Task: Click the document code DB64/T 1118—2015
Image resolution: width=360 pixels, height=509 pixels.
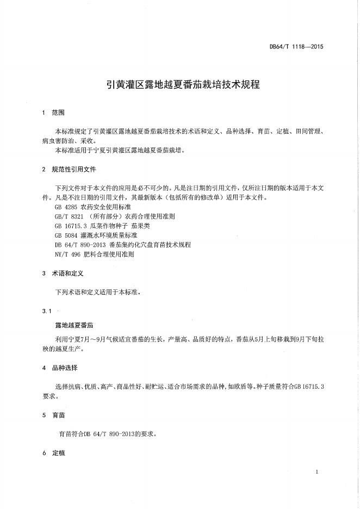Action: pos(296,47)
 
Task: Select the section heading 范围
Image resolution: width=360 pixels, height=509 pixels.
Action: pos(58,113)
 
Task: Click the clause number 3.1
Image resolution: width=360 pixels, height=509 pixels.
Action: pos(46,311)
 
